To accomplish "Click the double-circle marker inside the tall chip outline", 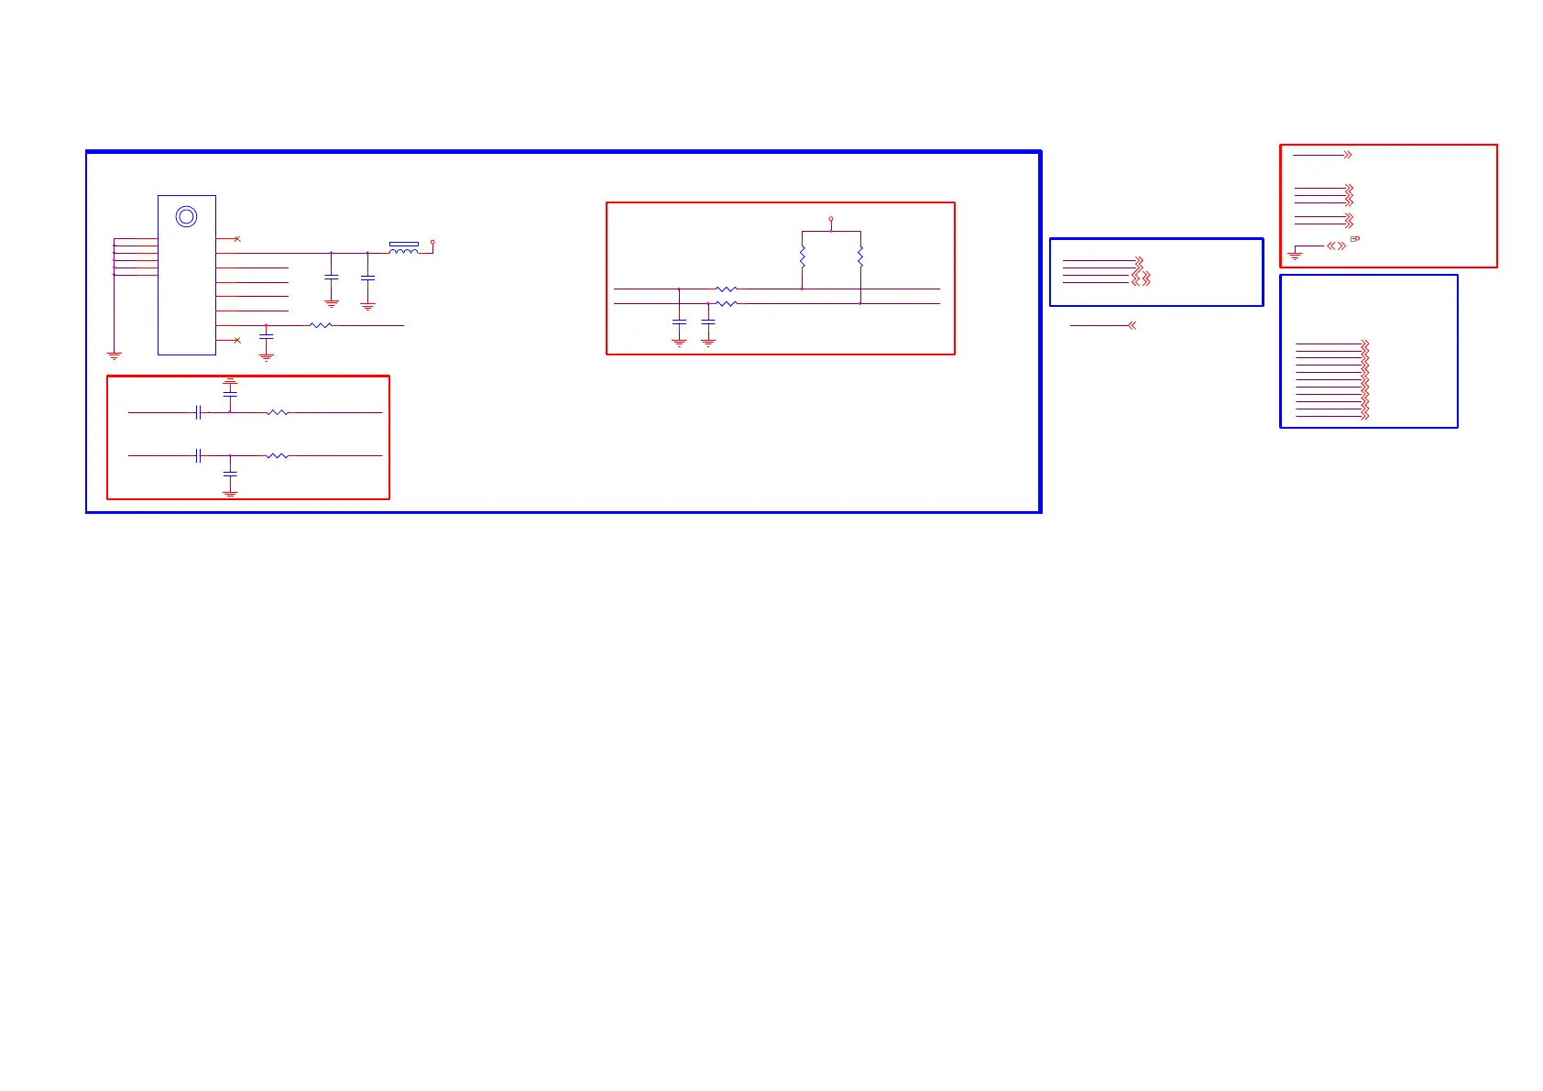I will pyautogui.click(x=186, y=217).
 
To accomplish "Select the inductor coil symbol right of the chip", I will pyautogui.click(x=403, y=249).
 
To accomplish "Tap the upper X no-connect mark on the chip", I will pyautogui.click(x=237, y=239).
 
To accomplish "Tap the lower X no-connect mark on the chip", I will pyautogui.click(x=237, y=340).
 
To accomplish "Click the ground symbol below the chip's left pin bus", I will pyautogui.click(x=115, y=355).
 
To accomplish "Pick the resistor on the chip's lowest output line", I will pyautogui.click(x=321, y=325).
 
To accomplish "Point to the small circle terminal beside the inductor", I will pyautogui.click(x=432, y=243).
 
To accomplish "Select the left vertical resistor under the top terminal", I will pyautogui.click(x=802, y=257).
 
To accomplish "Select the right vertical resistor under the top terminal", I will pyautogui.click(x=860, y=257).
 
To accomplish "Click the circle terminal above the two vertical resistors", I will pyautogui.click(x=831, y=220).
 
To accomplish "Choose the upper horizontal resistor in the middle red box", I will pyautogui.click(x=726, y=289).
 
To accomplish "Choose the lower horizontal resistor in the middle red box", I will pyautogui.click(x=726, y=303).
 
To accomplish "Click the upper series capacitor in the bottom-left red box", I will pyautogui.click(x=198, y=413).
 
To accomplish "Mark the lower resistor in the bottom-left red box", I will pyautogui.click(x=277, y=455).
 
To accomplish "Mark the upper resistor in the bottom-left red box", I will pyautogui.click(x=277, y=413).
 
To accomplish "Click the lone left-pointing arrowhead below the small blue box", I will pyautogui.click(x=1133, y=325).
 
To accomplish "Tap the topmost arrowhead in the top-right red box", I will pyautogui.click(x=1348, y=155).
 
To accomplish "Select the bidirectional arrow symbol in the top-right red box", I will pyautogui.click(x=1337, y=245).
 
